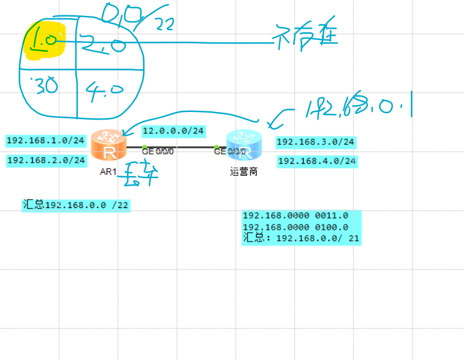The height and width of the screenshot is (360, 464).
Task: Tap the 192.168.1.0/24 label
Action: click(45, 141)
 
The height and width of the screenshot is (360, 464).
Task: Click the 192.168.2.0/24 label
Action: click(46, 160)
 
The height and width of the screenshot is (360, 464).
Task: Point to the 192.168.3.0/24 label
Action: click(316, 142)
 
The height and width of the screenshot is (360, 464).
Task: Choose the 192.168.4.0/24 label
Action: click(317, 161)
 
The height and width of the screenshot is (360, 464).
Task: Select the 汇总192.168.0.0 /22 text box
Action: click(75, 205)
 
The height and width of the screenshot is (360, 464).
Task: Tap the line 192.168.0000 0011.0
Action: click(296, 216)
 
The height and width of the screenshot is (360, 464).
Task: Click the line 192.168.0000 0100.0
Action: click(296, 227)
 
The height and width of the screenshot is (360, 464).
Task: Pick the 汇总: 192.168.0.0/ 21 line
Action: click(301, 239)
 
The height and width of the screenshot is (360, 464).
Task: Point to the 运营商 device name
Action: click(243, 173)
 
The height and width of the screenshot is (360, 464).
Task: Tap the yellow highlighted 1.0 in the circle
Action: click(44, 41)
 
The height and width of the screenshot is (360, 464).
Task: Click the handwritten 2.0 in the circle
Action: click(104, 43)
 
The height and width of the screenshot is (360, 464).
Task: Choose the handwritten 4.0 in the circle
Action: click(104, 90)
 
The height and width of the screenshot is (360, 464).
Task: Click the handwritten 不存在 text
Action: click(306, 37)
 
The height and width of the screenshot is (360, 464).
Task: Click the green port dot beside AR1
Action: click(145, 147)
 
